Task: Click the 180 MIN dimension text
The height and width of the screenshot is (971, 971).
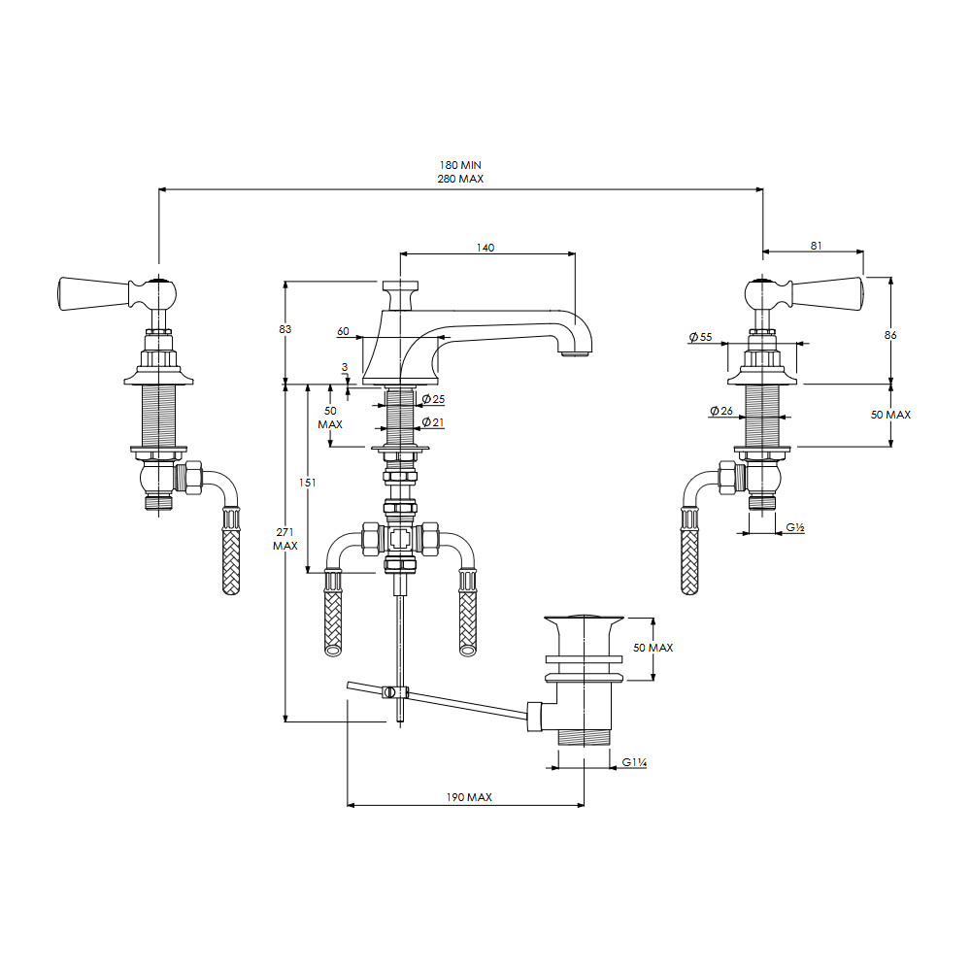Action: tap(460, 165)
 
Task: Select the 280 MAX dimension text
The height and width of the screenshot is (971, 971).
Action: tap(460, 179)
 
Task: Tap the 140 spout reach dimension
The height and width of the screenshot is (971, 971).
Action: tap(485, 248)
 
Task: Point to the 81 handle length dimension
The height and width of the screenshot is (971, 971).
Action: tap(817, 246)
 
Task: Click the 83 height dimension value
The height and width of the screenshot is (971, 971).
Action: tap(285, 329)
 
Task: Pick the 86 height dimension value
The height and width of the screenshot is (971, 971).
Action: tap(890, 335)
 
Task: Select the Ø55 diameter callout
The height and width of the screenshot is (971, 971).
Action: tap(700, 337)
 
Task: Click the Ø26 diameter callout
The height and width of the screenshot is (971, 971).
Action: tap(721, 411)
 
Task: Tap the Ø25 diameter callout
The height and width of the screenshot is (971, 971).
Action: tap(433, 399)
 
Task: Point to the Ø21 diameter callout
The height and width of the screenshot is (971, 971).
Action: tap(433, 422)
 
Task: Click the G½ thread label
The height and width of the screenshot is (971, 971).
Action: tap(795, 527)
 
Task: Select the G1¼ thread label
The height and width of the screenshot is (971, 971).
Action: tap(635, 762)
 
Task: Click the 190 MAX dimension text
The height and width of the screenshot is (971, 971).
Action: tap(469, 797)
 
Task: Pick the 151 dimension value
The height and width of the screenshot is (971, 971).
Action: tap(307, 483)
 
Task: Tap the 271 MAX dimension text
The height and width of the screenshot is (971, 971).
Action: tap(285, 539)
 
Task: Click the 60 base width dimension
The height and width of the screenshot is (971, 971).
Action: tap(343, 331)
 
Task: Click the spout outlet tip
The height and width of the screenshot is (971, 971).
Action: tap(576, 354)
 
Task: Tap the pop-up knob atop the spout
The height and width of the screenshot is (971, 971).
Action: tap(400, 295)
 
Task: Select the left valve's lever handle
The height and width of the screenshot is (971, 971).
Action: tap(117, 293)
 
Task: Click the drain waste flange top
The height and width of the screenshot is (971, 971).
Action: tap(584, 618)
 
